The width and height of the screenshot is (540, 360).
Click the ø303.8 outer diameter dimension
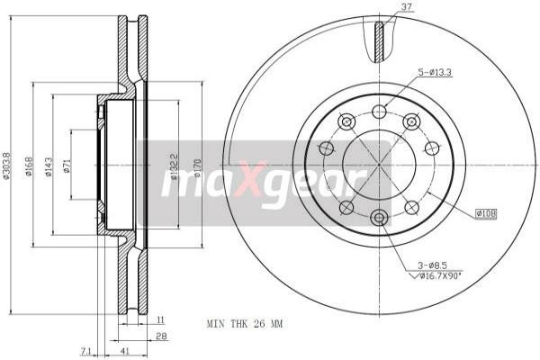point(7,164)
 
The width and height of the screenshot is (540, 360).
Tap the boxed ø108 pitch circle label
point(486,213)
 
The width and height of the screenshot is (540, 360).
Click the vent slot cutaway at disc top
point(379,39)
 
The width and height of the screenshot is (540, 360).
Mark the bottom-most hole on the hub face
point(379,217)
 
